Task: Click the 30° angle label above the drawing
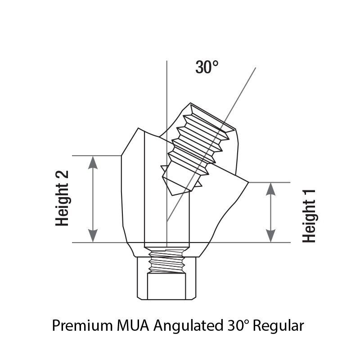coord(207,67)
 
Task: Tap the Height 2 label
coord(62,198)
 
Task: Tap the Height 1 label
coord(309,216)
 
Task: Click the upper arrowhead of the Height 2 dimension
coord(93,162)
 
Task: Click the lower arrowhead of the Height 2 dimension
coord(93,235)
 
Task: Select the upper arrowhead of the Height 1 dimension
coord(271,189)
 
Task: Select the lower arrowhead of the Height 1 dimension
coord(271,236)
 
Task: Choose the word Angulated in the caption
coord(188,326)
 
